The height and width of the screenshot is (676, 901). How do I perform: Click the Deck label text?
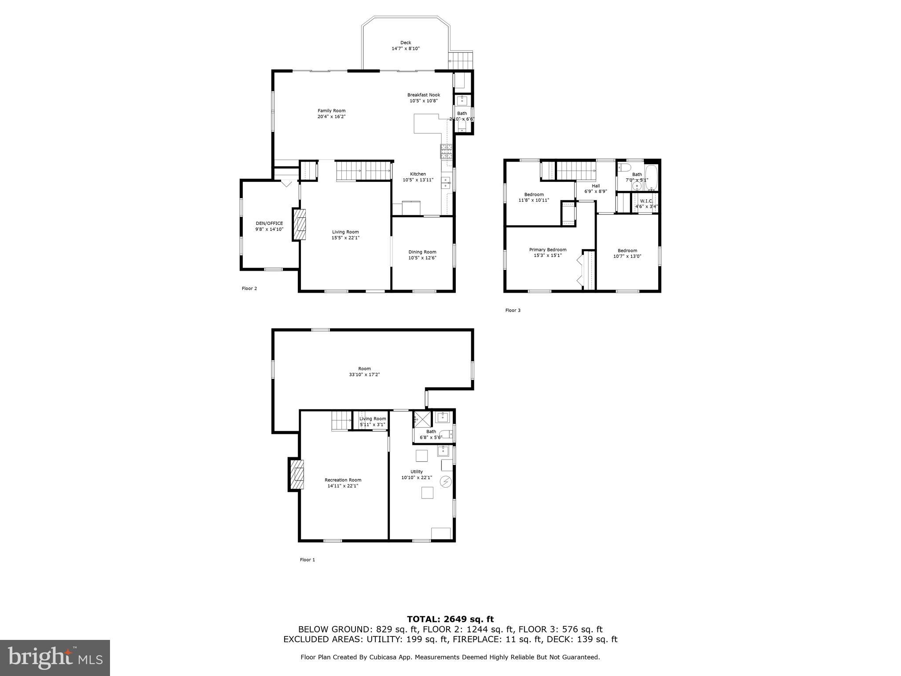tap(405, 43)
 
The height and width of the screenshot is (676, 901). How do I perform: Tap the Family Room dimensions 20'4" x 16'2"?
tap(331, 117)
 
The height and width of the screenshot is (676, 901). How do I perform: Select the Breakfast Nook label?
tap(423, 95)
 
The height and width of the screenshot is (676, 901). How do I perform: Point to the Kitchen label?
tap(418, 174)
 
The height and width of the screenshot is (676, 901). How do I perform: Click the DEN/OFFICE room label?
tap(269, 223)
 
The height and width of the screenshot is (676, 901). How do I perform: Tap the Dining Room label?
tap(422, 252)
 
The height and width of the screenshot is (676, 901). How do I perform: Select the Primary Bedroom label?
tap(547, 250)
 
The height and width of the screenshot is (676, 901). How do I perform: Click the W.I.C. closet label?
tap(646, 201)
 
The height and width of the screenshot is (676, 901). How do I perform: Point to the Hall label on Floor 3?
tap(595, 186)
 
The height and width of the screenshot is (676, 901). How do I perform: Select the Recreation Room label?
tap(343, 480)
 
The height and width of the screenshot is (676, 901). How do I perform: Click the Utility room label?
tap(416, 472)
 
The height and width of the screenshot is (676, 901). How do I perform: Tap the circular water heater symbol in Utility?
tap(446, 482)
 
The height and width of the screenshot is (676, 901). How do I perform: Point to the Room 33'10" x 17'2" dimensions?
tap(364, 375)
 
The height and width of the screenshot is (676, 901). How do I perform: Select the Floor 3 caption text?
tap(513, 310)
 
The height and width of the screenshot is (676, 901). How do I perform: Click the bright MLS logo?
tap(55, 658)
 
